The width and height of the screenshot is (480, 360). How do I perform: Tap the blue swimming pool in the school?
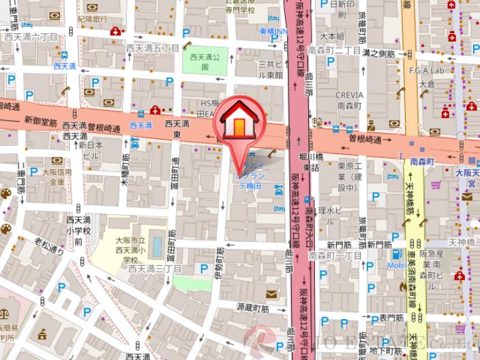tap(158, 245)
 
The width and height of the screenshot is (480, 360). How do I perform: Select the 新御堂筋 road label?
tap(39, 119)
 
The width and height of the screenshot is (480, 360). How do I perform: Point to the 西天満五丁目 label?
tap(157, 48)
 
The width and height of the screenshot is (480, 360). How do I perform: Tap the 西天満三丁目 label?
tap(154, 269)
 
